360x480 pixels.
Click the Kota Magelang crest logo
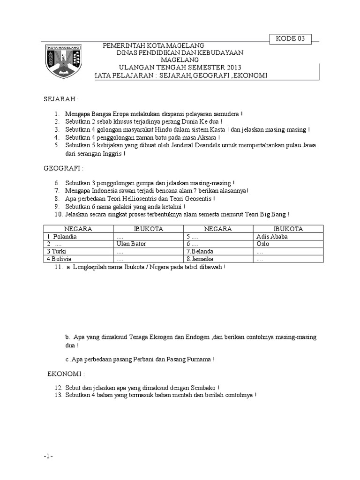tap(64, 61)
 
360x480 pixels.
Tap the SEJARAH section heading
tap(61, 100)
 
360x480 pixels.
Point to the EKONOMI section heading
tap(66, 375)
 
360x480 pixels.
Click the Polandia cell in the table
tap(63, 237)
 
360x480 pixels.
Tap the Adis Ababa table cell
tap(272, 237)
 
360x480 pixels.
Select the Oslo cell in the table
tap(263, 244)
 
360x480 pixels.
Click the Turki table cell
tap(57, 252)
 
